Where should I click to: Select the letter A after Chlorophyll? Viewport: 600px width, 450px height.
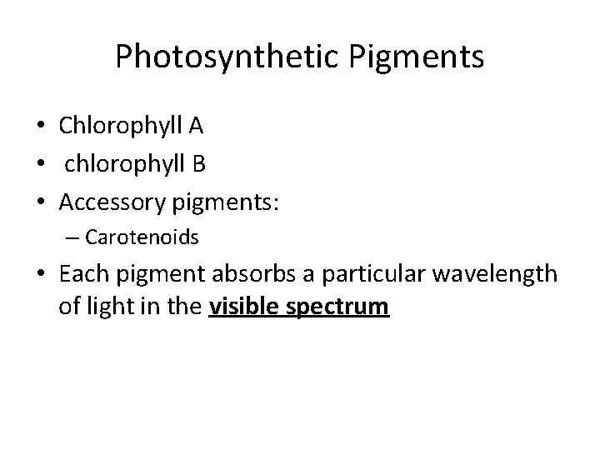tap(196, 126)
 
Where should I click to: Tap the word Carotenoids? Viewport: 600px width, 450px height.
tap(142, 237)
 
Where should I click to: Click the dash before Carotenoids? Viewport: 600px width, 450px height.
tap(69, 238)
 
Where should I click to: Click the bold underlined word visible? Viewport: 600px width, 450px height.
tap(245, 307)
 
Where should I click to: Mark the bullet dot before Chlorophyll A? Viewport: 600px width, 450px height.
tap(41, 127)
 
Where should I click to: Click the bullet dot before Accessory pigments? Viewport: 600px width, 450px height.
tap(41, 202)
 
